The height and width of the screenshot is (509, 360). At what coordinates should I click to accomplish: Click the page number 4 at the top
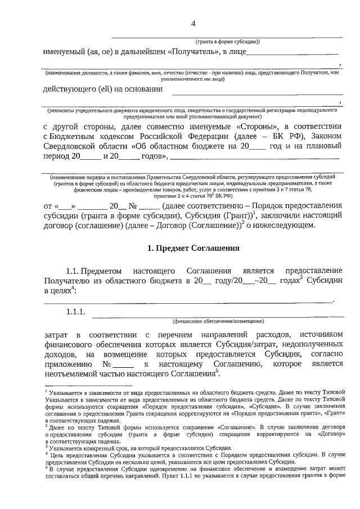pyautogui.click(x=193, y=23)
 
